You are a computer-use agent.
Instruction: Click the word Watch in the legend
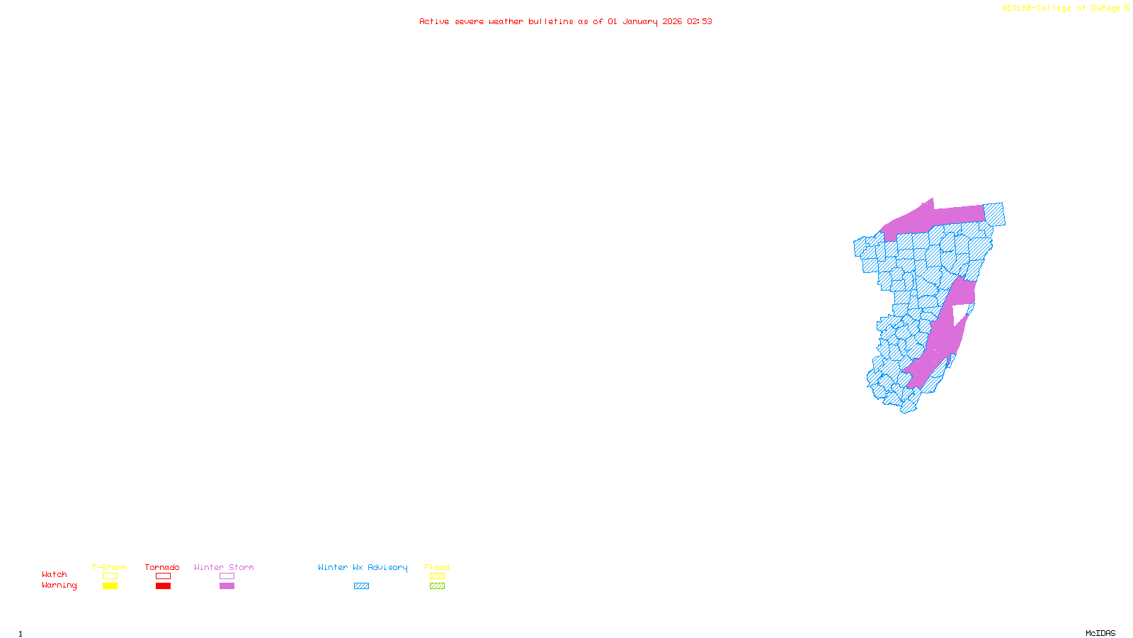point(55,575)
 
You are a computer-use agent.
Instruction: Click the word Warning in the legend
point(59,586)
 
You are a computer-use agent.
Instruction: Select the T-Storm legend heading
point(109,567)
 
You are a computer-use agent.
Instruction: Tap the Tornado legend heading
point(162,567)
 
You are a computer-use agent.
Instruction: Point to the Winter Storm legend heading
point(224,567)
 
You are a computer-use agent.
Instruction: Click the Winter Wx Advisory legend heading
point(363,567)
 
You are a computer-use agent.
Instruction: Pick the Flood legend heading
point(437,567)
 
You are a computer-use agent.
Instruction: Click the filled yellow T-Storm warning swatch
point(110,586)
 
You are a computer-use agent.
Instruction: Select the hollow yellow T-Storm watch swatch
point(110,576)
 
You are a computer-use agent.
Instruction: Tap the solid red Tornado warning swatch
point(164,586)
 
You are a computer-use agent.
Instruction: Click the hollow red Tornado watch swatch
point(164,576)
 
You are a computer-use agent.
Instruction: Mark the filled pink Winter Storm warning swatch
point(227,586)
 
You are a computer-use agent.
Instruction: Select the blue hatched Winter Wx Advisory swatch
point(361,586)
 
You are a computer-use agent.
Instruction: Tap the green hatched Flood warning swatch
point(438,586)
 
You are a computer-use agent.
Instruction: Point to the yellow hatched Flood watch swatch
point(438,576)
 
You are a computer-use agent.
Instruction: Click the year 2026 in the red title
point(672,22)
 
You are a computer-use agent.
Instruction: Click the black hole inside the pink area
point(959,314)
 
